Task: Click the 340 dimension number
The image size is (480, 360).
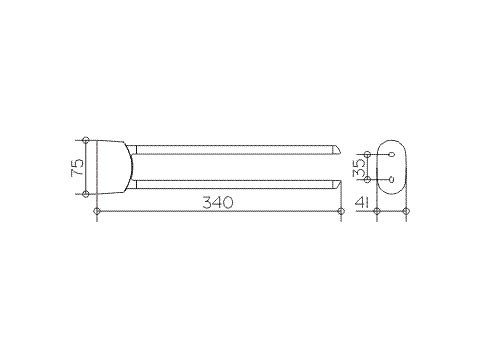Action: coord(218,202)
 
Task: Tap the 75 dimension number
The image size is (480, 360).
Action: coord(77,167)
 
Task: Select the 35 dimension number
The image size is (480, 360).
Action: coord(359,167)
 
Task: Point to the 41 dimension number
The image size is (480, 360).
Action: coord(362,202)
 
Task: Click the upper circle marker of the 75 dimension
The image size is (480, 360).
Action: coord(86,140)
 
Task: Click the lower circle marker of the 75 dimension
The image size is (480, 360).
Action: coord(86,194)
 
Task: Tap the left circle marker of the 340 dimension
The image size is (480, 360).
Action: coord(97,211)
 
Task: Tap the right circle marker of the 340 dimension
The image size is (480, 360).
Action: coord(341,211)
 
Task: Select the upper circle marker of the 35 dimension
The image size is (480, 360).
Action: coord(367,154)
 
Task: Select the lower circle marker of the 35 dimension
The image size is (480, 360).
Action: coord(367,180)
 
